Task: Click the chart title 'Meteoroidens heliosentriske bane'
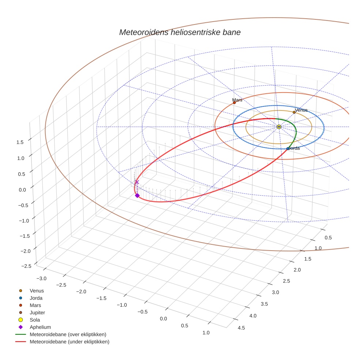[180, 32]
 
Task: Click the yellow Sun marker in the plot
[279, 127]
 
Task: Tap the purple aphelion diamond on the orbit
[137, 195]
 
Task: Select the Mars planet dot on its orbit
[234, 103]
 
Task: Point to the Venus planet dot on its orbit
[294, 112]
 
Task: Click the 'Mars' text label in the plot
[237, 100]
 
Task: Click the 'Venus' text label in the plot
[301, 110]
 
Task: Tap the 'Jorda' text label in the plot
[293, 148]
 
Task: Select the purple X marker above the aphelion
[137, 182]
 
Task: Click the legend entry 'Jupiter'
[37, 312]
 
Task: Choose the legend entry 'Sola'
[35, 320]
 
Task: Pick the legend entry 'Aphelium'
[40, 327]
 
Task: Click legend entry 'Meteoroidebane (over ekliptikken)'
[68, 334]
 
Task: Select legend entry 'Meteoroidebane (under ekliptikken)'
[69, 342]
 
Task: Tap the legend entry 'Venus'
[37, 290]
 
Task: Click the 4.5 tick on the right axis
[241, 328]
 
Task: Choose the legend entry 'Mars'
[35, 305]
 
